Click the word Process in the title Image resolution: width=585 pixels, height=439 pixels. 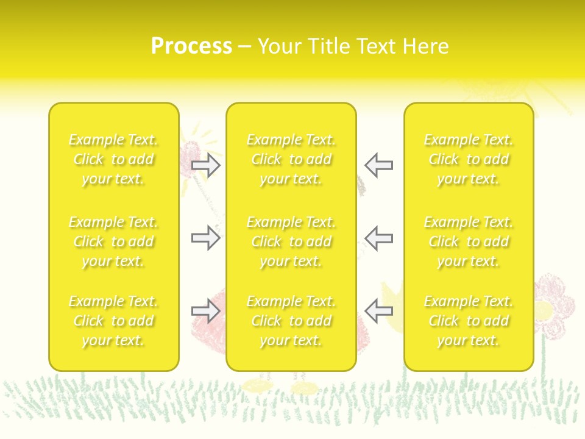tap(191, 46)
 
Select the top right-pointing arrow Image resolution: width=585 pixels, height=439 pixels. tap(206, 165)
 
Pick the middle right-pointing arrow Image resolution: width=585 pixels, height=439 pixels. tap(206, 238)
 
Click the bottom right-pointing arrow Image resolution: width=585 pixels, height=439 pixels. tap(206, 312)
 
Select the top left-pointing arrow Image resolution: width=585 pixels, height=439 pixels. tap(379, 165)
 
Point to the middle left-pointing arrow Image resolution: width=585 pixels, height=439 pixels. tap(379, 238)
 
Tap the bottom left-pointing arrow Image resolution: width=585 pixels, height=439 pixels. tap(379, 312)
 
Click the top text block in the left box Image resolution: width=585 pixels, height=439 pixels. tap(113, 160)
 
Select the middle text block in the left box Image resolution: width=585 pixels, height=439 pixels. tap(113, 241)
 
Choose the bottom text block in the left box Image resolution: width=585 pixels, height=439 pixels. tap(113, 321)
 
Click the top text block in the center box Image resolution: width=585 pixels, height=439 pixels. tap(291, 160)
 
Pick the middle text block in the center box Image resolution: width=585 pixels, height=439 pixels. tap(291, 241)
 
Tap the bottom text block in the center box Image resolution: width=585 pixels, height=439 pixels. tap(291, 321)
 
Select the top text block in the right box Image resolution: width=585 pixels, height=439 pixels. tap(468, 160)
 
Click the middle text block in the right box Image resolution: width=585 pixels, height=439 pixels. tap(468, 241)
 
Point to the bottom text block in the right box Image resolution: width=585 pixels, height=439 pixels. tap(468, 321)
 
